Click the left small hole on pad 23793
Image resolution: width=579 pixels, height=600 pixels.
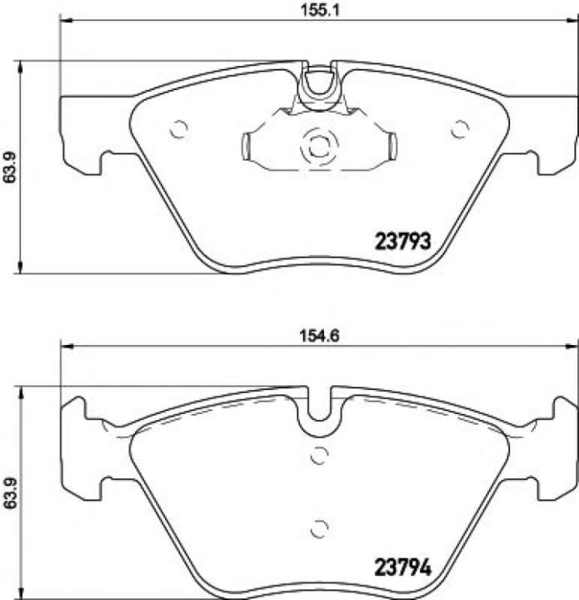click(178, 129)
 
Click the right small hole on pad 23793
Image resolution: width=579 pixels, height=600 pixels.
click(459, 129)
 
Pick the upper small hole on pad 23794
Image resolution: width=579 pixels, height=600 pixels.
click(318, 455)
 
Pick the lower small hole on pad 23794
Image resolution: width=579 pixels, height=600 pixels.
click(318, 528)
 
